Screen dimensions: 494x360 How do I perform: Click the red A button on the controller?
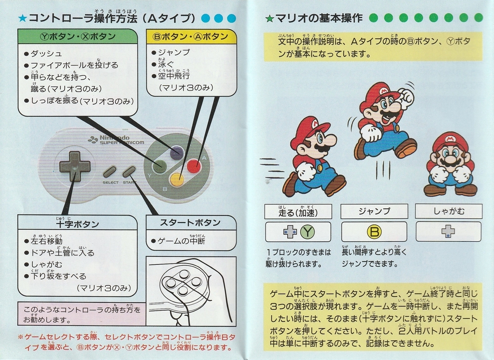(194, 166)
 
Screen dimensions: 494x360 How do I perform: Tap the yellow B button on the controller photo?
(177, 180)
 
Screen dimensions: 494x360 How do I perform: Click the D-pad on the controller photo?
(75, 166)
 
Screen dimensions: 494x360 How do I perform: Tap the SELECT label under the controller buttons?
(110, 183)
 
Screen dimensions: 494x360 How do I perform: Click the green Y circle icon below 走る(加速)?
(308, 232)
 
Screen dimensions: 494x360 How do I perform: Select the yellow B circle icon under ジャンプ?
(374, 232)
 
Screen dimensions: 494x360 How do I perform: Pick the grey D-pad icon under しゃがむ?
(448, 231)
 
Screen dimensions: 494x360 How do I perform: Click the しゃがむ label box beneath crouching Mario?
(449, 211)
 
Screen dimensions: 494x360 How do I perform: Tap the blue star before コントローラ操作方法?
(23, 19)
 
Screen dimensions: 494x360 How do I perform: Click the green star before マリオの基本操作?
(269, 19)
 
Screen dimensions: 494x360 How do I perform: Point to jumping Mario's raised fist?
(405, 97)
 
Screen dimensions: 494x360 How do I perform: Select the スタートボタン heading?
(190, 223)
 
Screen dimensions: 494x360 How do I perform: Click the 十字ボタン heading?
(77, 224)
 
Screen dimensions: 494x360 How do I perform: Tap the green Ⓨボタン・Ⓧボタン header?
(78, 37)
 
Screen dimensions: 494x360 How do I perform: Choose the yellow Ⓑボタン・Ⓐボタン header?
(191, 36)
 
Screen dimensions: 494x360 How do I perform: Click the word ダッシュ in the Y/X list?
(46, 54)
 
